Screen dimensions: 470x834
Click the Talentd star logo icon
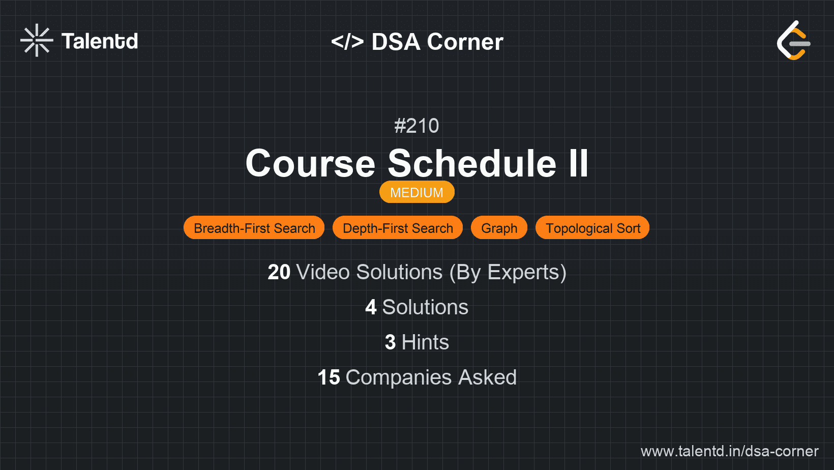tap(37, 40)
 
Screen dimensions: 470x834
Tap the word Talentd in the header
tap(100, 41)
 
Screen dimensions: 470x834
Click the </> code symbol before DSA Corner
tap(347, 42)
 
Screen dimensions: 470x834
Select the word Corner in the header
tap(465, 42)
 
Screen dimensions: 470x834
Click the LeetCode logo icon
tap(793, 40)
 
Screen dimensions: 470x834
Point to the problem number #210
tap(416, 126)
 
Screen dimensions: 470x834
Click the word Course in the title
tap(310, 164)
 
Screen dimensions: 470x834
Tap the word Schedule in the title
tap(472, 164)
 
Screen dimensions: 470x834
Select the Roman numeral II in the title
tap(578, 164)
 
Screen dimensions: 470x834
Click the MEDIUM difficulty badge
tap(416, 192)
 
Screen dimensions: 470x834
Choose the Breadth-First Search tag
tap(254, 228)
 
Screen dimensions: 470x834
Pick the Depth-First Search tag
tap(398, 228)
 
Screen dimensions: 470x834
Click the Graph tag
tap(499, 228)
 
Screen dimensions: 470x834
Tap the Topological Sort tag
tap(592, 228)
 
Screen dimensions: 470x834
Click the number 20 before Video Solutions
tap(279, 272)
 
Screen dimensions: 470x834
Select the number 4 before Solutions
tap(371, 307)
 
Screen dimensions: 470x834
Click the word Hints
tap(425, 342)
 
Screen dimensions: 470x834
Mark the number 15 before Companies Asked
tap(329, 377)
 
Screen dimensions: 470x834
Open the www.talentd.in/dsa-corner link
tap(729, 451)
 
